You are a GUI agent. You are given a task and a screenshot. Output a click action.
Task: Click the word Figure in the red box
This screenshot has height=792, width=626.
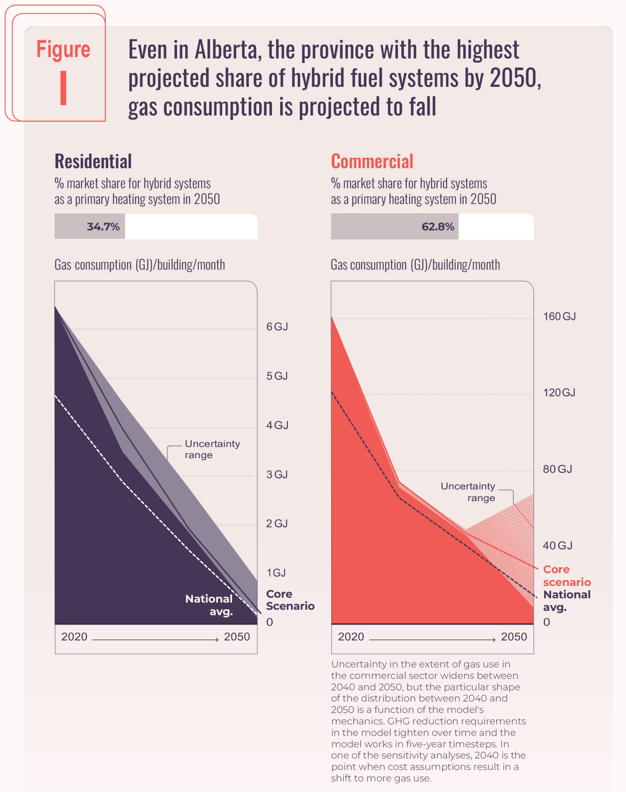pos(63,50)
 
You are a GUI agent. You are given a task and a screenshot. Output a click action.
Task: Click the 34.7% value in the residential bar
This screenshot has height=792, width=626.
pos(103,226)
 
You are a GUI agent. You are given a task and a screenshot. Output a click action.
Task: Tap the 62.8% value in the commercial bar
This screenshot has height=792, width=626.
pos(438,226)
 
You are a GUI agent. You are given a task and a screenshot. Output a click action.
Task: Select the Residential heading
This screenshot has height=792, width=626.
pos(93,161)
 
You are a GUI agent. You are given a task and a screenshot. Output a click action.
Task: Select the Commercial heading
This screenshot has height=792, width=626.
pos(372,161)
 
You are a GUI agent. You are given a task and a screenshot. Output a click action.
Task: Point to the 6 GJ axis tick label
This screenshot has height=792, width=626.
pos(277,326)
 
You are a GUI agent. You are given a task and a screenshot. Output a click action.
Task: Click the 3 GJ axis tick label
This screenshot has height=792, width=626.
pos(277,475)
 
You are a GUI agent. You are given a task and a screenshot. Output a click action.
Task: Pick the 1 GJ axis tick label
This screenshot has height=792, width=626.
pos(276,573)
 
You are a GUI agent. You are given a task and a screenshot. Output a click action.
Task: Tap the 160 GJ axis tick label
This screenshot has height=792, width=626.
pos(559,316)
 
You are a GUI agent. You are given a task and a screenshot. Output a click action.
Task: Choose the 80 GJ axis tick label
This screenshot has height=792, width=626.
pos(557,469)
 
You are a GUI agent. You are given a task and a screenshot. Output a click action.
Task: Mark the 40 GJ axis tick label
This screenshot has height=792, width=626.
pos(557,546)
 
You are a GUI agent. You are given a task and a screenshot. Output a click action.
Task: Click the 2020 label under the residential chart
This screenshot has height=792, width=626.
pos(75,636)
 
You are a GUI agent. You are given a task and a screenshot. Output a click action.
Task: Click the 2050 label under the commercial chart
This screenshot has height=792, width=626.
pos(514,636)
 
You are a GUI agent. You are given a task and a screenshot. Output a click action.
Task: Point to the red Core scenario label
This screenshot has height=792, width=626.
pos(567,576)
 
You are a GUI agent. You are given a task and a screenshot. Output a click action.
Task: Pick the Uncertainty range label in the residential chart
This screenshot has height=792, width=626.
pos(212,449)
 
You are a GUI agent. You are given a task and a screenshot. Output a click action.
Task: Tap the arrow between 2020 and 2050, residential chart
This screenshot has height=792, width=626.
pos(155,640)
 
